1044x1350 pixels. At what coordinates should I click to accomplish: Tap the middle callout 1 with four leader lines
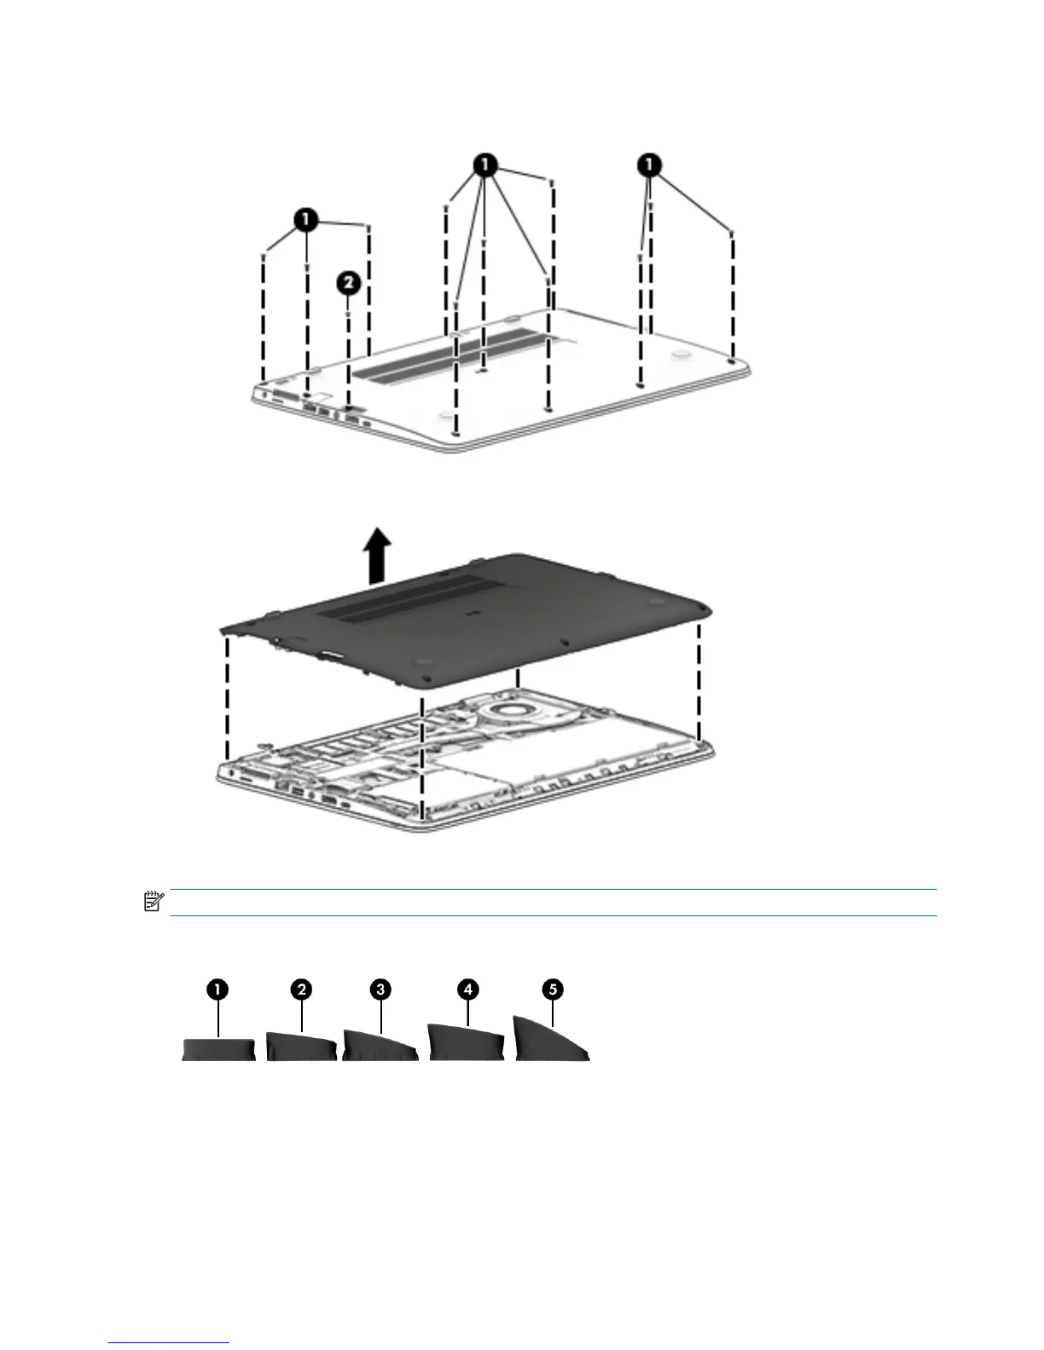click(x=484, y=164)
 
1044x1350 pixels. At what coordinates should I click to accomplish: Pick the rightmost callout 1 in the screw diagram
click(x=651, y=164)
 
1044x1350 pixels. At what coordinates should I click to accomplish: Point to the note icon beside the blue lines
click(x=154, y=902)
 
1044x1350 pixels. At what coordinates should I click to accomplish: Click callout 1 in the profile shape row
click(x=219, y=989)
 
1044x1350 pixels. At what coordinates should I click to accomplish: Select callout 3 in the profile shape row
click(x=380, y=989)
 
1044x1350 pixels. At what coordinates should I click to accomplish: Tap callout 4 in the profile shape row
click(x=467, y=989)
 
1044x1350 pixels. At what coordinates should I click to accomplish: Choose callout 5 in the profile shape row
click(x=554, y=989)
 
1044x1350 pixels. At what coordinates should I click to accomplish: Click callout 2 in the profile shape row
click(x=300, y=989)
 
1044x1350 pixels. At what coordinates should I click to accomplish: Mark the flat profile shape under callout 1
click(x=219, y=1049)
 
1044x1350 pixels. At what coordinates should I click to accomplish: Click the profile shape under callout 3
click(x=379, y=1047)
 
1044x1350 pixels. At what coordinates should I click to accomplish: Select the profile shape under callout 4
click(x=466, y=1045)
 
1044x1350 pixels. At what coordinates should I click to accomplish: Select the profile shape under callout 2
click(x=300, y=1047)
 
